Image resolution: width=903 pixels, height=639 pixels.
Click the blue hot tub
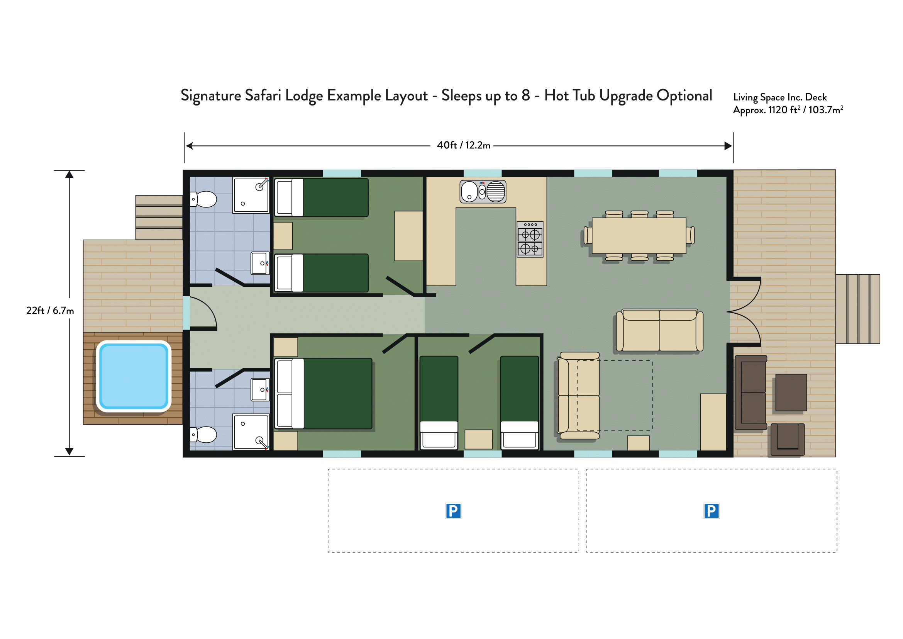tap(134, 376)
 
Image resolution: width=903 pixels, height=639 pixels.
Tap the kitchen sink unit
tap(483, 192)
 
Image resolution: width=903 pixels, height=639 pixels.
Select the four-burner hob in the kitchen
tap(530, 239)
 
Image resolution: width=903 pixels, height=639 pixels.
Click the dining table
tap(639, 236)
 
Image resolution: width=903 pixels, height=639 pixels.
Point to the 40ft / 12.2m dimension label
tap(464, 145)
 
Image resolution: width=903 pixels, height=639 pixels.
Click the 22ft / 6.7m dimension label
tap(50, 311)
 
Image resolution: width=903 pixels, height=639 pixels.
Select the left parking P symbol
tap(453, 511)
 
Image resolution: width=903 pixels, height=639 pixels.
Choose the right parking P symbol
tap(711, 511)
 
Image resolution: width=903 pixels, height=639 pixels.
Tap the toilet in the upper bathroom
tap(203, 199)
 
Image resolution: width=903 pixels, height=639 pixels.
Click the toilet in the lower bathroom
tap(203, 435)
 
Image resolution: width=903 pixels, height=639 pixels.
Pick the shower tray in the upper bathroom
tap(251, 195)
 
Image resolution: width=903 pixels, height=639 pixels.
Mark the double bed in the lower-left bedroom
tap(324, 393)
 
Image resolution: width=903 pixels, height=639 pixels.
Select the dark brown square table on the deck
tap(791, 392)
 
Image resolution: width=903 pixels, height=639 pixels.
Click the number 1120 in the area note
tap(778, 110)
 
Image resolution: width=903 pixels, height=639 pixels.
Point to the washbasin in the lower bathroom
tap(260, 389)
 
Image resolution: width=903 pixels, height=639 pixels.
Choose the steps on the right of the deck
tap(858, 309)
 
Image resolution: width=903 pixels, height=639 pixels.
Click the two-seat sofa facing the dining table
tap(659, 330)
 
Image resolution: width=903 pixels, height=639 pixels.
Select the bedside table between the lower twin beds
tap(479, 439)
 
